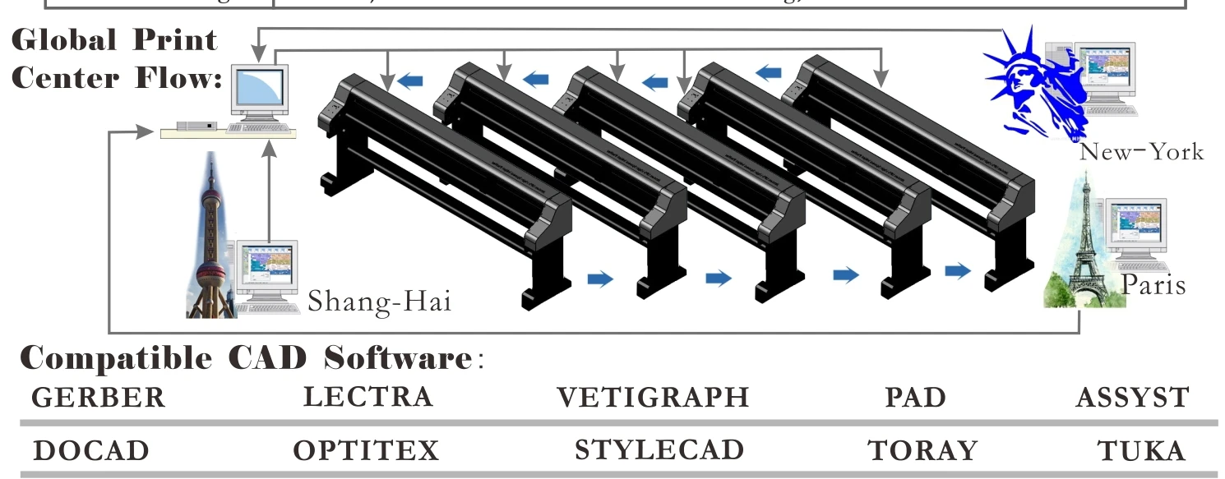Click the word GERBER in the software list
99,398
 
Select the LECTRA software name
367,397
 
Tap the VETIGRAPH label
653,398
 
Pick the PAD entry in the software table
915,398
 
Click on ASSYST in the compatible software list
1132,398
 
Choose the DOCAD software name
91,451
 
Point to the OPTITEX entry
366,451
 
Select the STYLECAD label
659,450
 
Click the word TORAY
922,451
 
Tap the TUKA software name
1141,451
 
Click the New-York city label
1141,152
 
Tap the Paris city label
1153,285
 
